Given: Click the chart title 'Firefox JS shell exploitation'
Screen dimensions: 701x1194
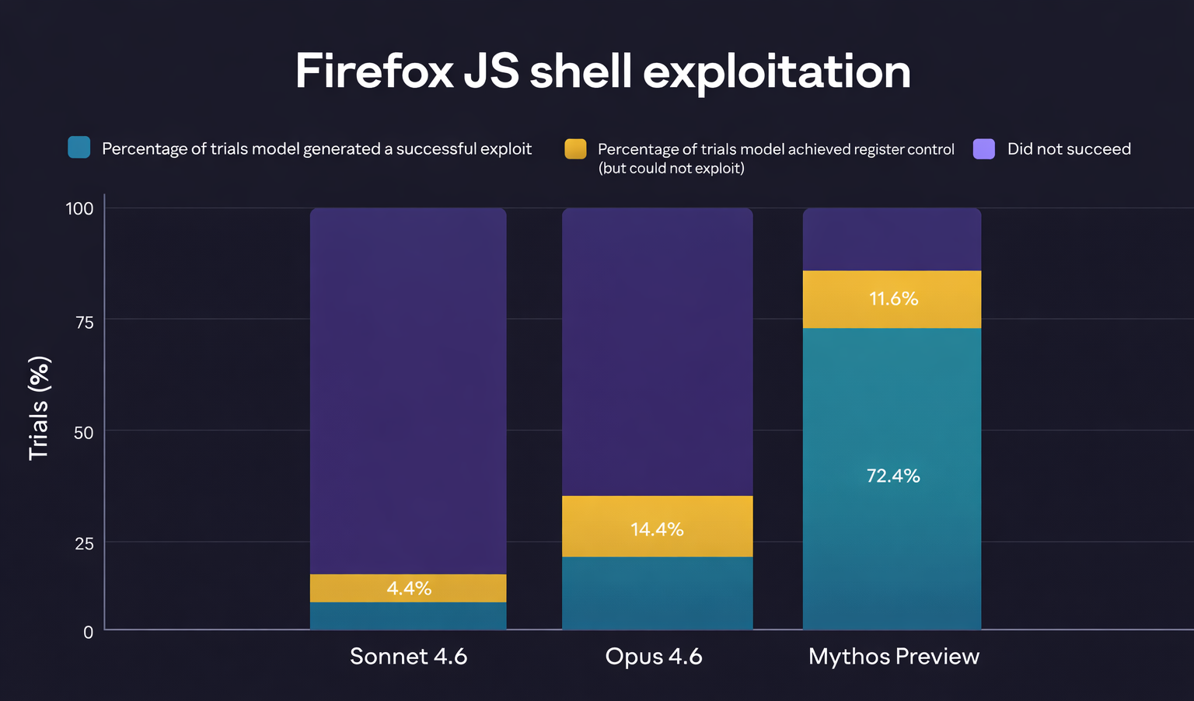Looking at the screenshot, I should [602, 71].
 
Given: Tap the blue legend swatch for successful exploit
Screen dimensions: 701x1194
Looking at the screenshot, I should [79, 148].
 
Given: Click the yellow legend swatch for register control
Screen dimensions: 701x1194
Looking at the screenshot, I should [575, 148].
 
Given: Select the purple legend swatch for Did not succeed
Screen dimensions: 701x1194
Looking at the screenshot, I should [984, 148].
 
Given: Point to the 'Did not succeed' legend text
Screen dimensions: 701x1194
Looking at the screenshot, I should [1069, 149].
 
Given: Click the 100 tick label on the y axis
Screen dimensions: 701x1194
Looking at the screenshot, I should [79, 208].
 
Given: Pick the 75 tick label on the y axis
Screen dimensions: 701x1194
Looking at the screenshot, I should [84, 322].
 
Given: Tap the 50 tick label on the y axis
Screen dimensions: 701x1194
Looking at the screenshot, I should [84, 433].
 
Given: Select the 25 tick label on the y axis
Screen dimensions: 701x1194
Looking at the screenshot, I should [84, 544].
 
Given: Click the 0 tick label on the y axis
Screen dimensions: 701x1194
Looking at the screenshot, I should [88, 633].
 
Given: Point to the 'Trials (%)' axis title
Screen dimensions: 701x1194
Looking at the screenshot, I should [39, 408].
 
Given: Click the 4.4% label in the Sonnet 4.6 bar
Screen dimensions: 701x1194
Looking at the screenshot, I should [409, 588].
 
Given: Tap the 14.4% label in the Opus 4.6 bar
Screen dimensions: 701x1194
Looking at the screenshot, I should [657, 529].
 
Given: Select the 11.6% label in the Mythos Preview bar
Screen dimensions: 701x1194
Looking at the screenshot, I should [893, 298].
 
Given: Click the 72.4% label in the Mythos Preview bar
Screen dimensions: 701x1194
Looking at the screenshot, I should [893, 476].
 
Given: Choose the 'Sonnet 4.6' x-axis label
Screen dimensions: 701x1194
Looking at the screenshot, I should [408, 657].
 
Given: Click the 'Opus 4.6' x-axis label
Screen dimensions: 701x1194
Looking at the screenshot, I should [654, 657].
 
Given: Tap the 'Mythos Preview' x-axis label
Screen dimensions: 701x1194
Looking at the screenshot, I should [893, 657].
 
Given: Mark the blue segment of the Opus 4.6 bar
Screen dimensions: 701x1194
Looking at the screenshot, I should [657, 593].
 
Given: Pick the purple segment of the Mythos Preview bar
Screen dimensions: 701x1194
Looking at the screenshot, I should [892, 239].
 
